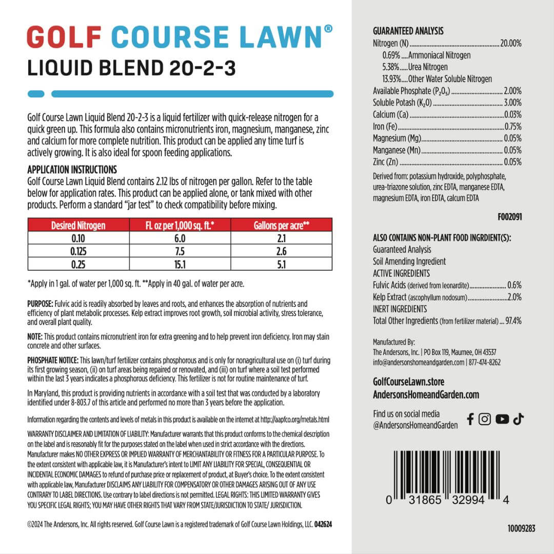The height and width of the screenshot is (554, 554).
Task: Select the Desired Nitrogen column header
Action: coord(78,225)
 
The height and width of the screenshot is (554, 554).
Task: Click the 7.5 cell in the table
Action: coord(180,251)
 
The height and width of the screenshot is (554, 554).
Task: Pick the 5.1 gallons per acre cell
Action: coord(282,264)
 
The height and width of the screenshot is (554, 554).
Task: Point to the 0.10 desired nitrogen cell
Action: coord(78,238)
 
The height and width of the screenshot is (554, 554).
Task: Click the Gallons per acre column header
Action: coord(282,225)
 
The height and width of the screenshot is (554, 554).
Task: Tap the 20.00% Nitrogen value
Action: coord(511,44)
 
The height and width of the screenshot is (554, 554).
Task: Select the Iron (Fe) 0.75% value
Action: coord(512,126)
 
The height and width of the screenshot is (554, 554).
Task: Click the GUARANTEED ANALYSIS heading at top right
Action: coord(408,31)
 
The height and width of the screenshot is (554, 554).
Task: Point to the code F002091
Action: coord(509,217)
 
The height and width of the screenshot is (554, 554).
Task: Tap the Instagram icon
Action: coord(485,419)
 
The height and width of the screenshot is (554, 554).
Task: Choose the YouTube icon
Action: coord(502,419)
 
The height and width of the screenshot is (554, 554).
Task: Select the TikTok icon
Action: coord(518,419)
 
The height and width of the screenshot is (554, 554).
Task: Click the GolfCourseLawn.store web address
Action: coord(409,382)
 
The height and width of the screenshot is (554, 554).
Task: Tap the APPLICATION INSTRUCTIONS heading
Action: coord(72,169)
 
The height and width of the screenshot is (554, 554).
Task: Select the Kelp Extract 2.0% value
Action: coord(514,297)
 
